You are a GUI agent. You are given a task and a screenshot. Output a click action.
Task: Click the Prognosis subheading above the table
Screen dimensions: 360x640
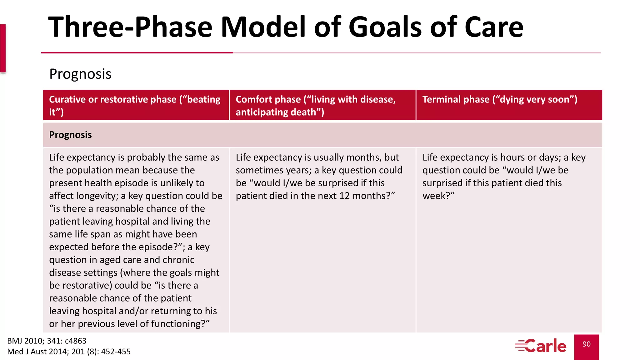coord(80,74)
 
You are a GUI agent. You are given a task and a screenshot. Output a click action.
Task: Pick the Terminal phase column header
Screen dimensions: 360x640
coord(499,100)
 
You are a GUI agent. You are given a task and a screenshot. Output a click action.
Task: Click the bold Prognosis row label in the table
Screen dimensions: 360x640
coord(70,135)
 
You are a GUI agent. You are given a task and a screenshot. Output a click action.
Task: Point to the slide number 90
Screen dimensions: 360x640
coord(586,344)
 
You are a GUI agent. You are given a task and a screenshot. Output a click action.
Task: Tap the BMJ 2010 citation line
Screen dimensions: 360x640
coord(47,341)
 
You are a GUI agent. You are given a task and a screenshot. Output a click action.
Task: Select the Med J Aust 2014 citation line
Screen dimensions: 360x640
coord(69,352)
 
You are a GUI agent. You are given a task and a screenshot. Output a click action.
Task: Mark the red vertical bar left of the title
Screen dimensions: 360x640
coord(3,48)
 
